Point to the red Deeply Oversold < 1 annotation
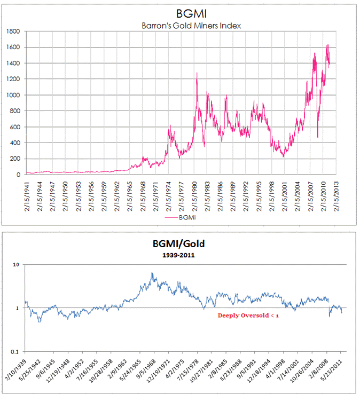point(248,316)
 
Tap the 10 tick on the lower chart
point(17,265)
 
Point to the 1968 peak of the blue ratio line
point(152,273)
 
